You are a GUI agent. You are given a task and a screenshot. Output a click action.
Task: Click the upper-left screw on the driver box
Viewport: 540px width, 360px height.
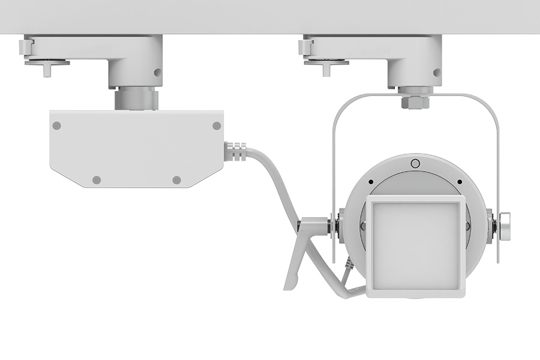coord(56,126)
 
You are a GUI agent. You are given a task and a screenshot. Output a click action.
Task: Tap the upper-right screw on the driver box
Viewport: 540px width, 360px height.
coord(217,126)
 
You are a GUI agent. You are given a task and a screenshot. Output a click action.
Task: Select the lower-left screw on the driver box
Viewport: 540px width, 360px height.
coord(96,179)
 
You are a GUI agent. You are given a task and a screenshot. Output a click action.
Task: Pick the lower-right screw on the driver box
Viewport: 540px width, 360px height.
coord(176,179)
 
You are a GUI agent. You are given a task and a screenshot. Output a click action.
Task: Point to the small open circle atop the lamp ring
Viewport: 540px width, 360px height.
coord(415,163)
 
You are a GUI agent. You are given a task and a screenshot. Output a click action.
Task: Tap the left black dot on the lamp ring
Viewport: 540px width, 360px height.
coord(371,182)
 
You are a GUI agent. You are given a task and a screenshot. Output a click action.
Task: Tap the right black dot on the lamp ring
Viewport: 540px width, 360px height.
coord(459,182)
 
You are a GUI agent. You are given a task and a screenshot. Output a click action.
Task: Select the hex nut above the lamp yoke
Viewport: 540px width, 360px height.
coord(416,101)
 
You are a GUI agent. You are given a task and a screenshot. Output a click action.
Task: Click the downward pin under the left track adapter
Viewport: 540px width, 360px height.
coord(47,69)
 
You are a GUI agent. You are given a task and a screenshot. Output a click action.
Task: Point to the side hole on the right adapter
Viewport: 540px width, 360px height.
coord(436,72)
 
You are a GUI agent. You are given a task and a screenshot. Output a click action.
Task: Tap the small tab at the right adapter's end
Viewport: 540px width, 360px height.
coord(304,45)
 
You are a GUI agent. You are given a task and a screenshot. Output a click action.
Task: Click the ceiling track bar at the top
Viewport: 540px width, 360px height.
coord(270,16)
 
